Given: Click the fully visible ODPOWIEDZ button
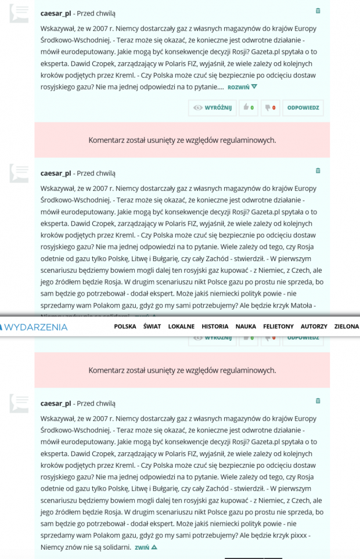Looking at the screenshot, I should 303,107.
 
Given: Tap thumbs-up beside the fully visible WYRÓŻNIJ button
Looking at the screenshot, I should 249,107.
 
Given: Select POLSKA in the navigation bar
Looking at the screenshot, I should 125,327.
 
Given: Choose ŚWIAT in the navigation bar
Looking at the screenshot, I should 152,327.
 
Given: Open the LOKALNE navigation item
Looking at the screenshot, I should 181,327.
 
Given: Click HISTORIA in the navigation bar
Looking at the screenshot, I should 215,327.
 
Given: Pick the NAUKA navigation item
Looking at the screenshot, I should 246,327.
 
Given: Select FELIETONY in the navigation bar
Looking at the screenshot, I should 278,327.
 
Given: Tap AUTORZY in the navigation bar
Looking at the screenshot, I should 314,327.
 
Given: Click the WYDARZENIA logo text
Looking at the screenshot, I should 35,327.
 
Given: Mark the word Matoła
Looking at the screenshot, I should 305,305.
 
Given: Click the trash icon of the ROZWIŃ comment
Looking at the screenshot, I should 318,11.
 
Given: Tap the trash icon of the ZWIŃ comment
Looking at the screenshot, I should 318,401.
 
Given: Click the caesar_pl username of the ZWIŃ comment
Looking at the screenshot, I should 56,403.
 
